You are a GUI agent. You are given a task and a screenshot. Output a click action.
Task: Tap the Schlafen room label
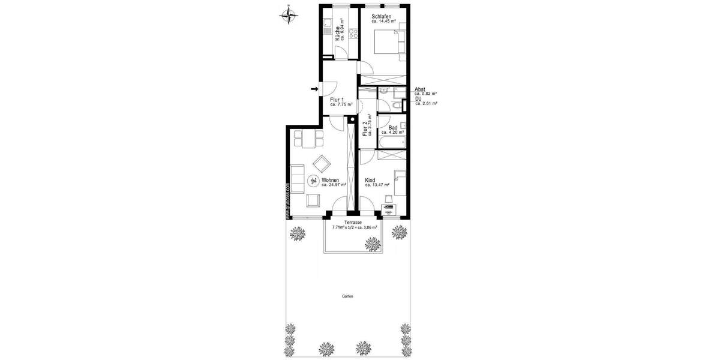pos(382,16)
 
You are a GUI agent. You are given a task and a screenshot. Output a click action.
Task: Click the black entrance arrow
pos(314,90)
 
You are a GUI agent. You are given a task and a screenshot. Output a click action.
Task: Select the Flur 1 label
pos(337,100)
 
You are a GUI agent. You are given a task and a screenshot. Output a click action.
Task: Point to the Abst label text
pos(420,89)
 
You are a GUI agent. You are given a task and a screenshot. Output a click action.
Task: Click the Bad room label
pos(393,127)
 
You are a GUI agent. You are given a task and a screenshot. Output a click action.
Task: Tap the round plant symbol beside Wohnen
pos(313,181)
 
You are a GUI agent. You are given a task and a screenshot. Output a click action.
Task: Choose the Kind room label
pos(370,179)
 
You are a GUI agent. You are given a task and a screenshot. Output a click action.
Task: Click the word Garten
pos(347,296)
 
